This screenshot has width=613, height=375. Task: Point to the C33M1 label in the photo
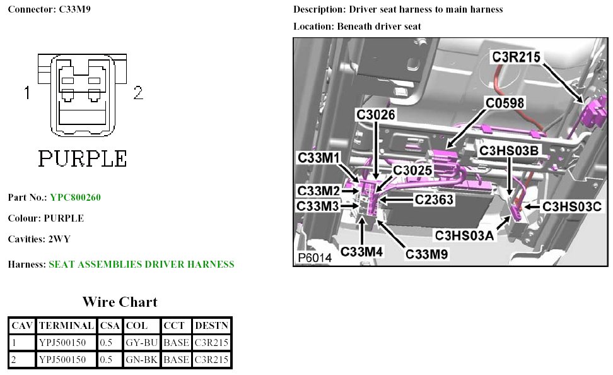tap(318, 157)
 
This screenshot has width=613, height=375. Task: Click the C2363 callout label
tap(436, 200)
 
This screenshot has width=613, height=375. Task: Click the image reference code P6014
tap(315, 259)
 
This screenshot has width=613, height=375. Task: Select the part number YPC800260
tap(75, 198)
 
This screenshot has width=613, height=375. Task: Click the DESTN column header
tap(211, 326)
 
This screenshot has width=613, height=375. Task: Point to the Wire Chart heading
tap(120, 302)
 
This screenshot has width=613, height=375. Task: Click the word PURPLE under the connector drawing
tap(83, 158)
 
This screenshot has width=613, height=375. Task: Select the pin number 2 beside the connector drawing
tap(138, 93)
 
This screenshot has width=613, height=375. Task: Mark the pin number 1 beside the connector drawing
tap(27, 93)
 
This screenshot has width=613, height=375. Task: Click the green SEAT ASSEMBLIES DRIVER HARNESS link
tap(141, 265)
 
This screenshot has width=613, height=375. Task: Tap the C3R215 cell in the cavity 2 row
tap(211, 360)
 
